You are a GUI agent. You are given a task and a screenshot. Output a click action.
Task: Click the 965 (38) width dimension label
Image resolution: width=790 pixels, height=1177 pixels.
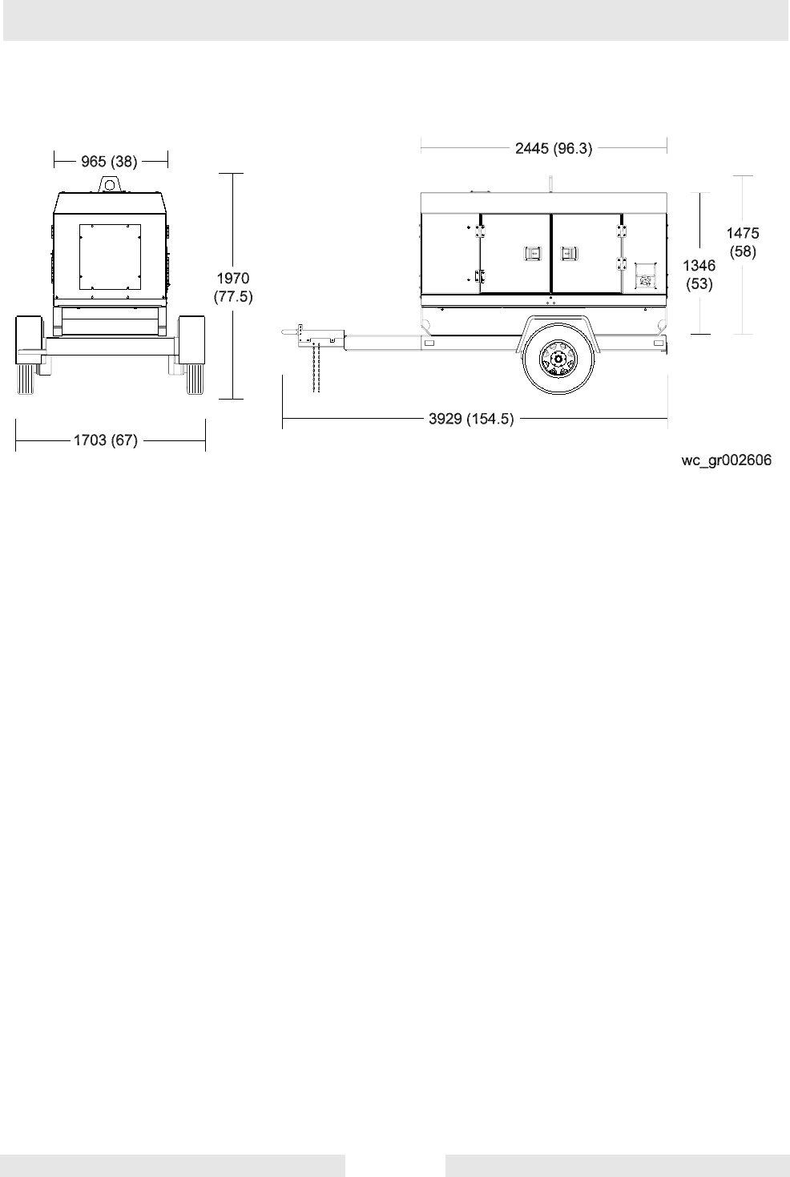pyautogui.click(x=109, y=161)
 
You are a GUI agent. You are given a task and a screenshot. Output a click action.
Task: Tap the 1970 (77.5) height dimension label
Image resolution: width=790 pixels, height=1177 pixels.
pyautogui.click(x=233, y=287)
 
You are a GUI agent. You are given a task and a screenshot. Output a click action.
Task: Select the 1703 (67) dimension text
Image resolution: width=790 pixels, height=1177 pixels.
pyautogui.click(x=105, y=440)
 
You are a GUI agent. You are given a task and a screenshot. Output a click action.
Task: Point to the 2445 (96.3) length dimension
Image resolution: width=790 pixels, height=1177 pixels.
pyautogui.click(x=554, y=149)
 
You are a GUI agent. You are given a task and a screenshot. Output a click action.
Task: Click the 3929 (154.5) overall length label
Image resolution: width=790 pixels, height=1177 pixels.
pyautogui.click(x=471, y=419)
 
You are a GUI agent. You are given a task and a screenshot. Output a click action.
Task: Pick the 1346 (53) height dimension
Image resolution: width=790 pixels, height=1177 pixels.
pyautogui.click(x=699, y=275)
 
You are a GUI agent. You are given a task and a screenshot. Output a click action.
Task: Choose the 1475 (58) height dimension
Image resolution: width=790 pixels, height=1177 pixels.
pyautogui.click(x=743, y=243)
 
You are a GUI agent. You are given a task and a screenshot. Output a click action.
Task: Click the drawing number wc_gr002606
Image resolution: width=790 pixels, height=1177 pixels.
pyautogui.click(x=727, y=461)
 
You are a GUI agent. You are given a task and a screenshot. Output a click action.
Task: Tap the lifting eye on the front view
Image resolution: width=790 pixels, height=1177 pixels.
pyautogui.click(x=110, y=184)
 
